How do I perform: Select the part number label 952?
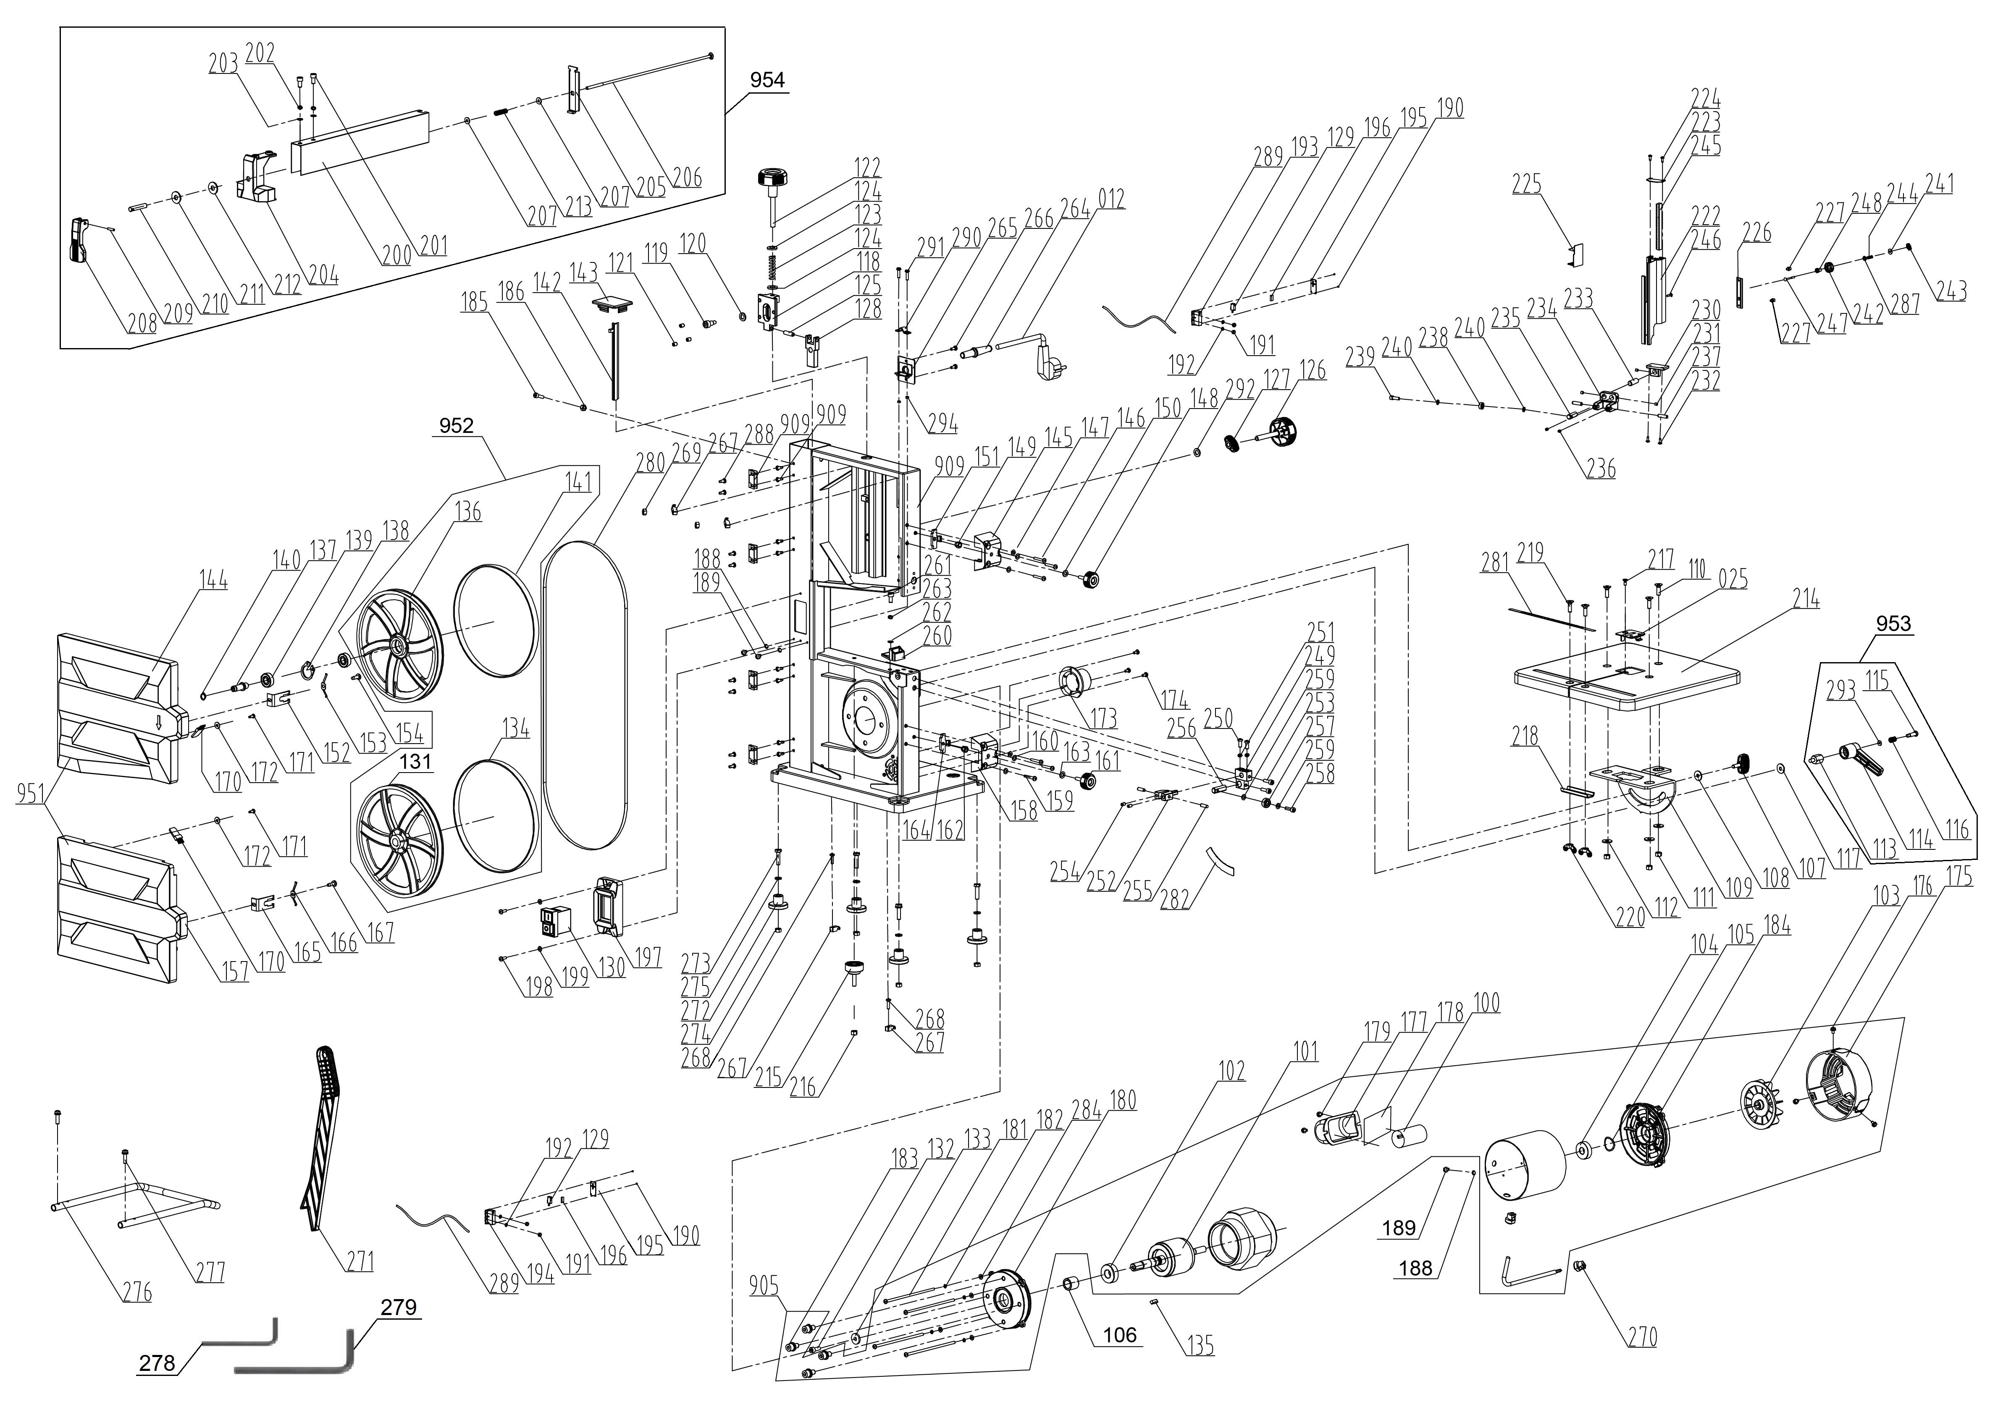pyautogui.click(x=457, y=425)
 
